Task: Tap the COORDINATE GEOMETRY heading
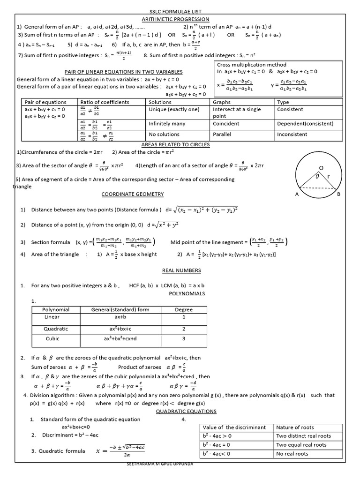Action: pos(132,194)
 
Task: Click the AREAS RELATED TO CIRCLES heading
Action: pos(175,144)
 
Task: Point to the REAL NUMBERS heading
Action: pos(181,270)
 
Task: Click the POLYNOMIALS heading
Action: pos(187,293)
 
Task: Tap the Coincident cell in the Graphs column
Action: pos(226,124)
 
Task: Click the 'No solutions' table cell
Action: pos(164,134)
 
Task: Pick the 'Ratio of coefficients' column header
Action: pos(105,102)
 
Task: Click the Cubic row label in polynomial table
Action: pos(52,338)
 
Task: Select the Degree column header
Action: pos(184,309)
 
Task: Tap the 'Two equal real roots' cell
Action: pos(301,445)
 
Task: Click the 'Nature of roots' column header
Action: pos(295,427)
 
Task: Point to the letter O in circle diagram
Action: pos(321,167)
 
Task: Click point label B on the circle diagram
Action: pos(338,195)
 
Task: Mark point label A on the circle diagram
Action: pos(297,195)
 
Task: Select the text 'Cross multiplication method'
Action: pos(251,65)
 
